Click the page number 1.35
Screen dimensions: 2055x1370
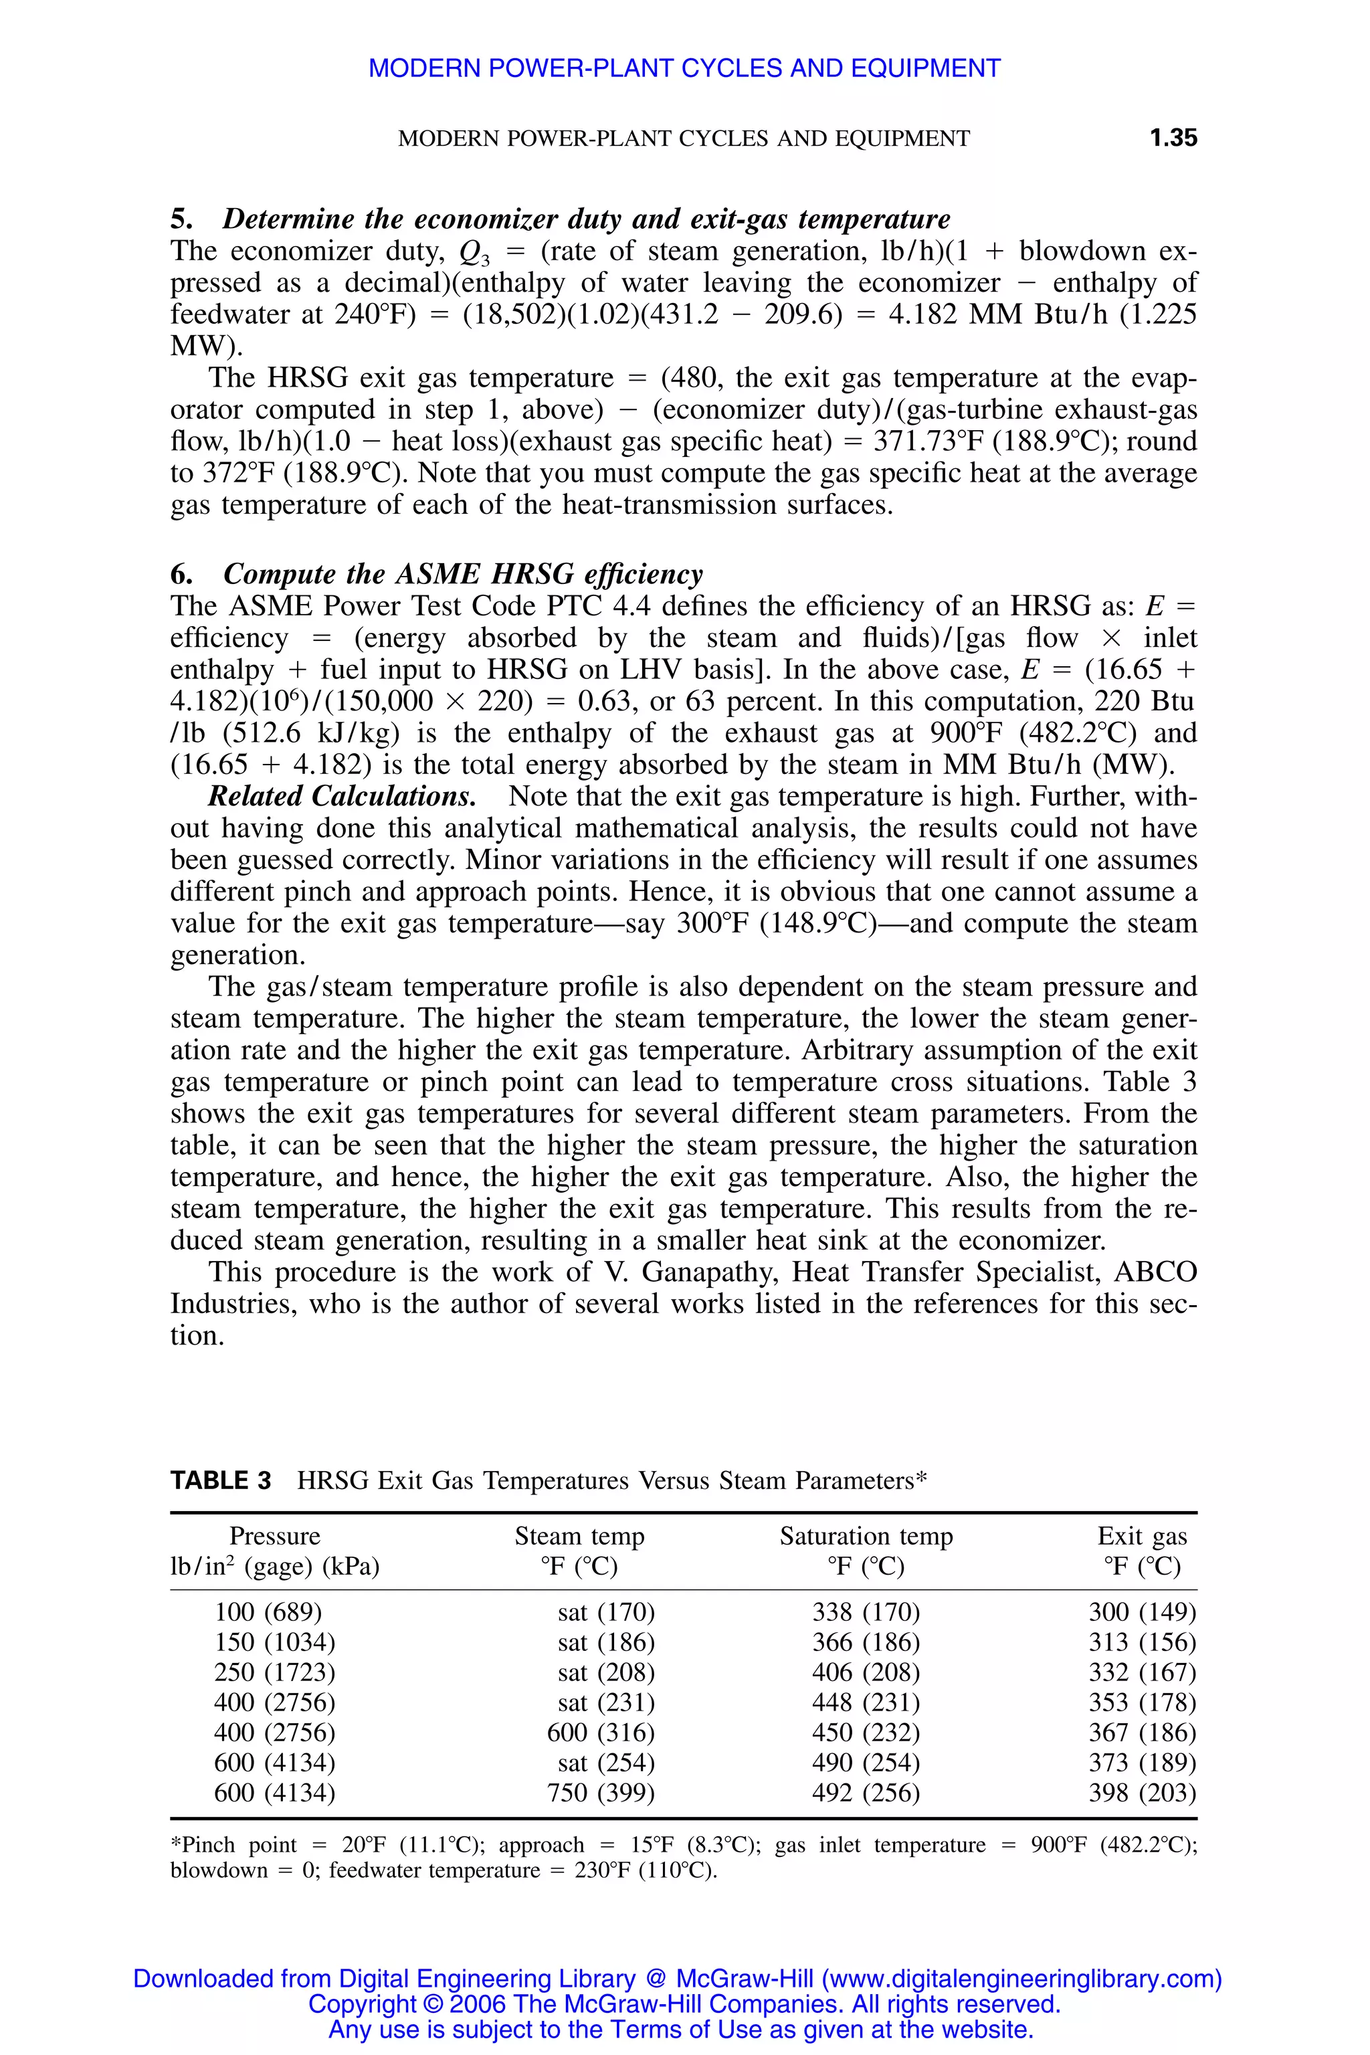click(1173, 138)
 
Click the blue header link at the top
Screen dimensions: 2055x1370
click(684, 68)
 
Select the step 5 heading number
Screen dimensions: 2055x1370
click(182, 219)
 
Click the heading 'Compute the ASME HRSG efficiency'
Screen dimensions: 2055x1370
click(462, 574)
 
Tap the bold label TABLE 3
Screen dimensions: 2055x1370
click(221, 1480)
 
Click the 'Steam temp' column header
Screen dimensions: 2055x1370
click(579, 1535)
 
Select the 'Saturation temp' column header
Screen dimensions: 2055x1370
click(866, 1535)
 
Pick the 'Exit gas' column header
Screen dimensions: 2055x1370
click(1142, 1535)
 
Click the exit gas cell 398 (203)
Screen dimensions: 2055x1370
click(1142, 1792)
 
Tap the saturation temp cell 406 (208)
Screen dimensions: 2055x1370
click(866, 1672)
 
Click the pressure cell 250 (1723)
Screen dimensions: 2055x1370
click(274, 1672)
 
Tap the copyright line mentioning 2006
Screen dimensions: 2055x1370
click(684, 2003)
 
